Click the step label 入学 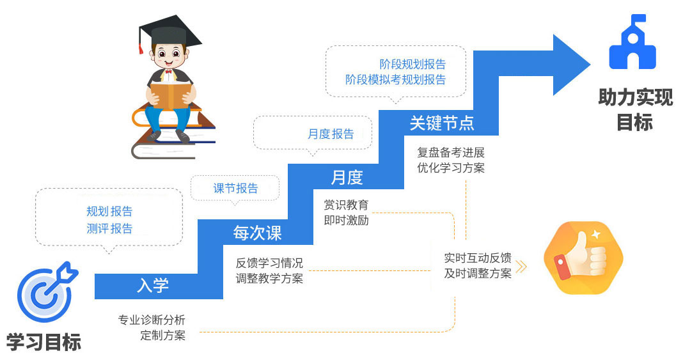153,285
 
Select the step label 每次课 257,233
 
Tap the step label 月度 347,177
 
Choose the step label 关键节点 442,123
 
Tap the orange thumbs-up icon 582,257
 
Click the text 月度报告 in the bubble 331,134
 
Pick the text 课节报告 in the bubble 235,188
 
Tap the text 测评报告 109,228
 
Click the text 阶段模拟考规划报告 395,80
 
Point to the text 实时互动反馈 478,258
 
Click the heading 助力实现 635,98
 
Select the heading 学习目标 44,342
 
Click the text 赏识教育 346,205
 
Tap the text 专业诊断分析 152,320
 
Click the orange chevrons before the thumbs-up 522,267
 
